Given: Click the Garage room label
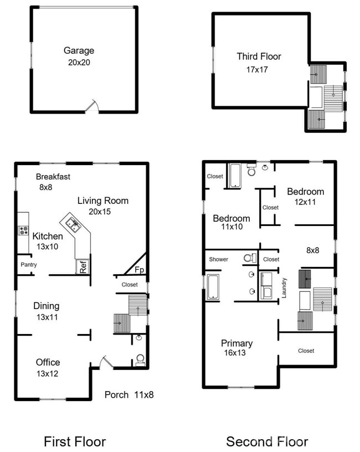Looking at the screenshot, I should [x=79, y=50].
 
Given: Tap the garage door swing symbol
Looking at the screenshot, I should [x=93, y=106].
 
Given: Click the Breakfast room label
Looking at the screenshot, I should [x=53, y=177].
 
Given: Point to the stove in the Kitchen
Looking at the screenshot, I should [x=24, y=230].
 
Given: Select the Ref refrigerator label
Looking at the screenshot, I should [x=83, y=266].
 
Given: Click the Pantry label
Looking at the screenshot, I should [x=29, y=265].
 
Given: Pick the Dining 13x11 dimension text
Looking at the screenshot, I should [x=46, y=317].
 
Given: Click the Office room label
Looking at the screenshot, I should [x=48, y=362].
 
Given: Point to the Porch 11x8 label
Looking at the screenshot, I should [x=129, y=395].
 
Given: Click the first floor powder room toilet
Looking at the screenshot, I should [x=140, y=359].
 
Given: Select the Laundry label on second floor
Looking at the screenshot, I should [x=285, y=287].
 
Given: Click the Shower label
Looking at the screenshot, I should [x=218, y=259].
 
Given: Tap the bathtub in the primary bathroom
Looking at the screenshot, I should [x=213, y=287].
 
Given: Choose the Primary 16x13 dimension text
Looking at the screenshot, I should [x=237, y=353].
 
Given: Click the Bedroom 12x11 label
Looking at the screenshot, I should [x=305, y=192].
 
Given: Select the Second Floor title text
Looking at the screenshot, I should [x=267, y=441].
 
